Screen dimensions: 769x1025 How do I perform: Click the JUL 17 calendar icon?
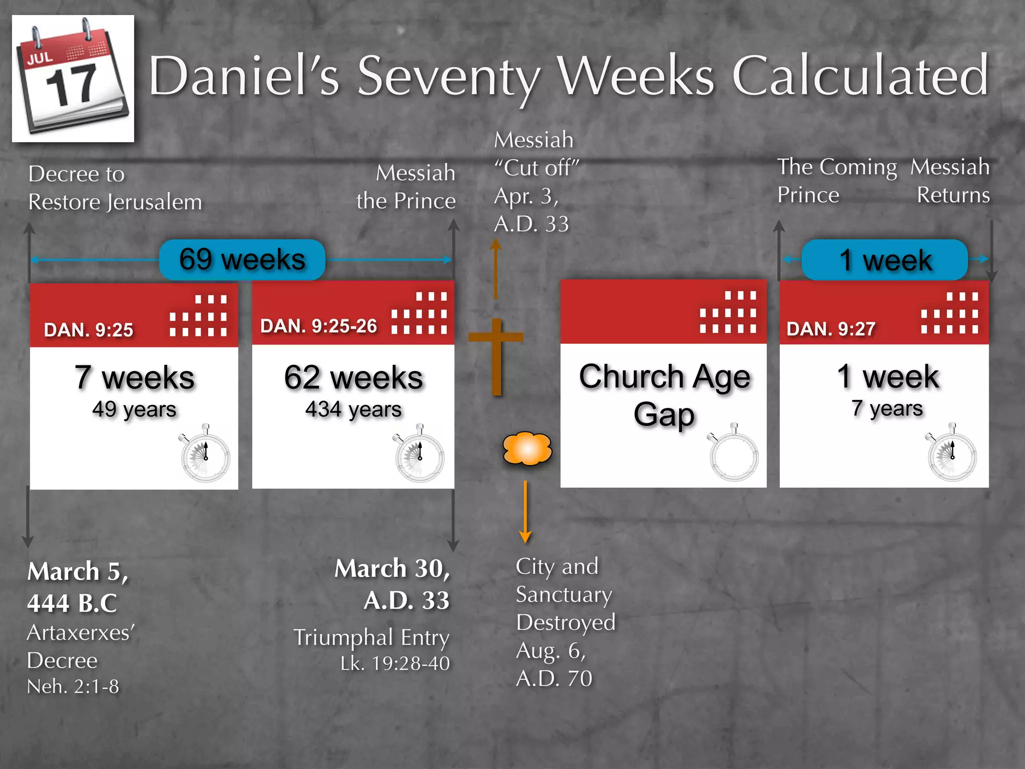[x=73, y=79]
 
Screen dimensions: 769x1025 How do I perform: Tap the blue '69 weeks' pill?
[x=242, y=259]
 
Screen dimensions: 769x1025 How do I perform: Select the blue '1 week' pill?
[x=884, y=260]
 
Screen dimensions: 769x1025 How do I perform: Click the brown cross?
[x=496, y=355]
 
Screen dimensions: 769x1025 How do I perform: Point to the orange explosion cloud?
[x=527, y=448]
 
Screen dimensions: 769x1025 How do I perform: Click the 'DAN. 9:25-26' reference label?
[x=318, y=326]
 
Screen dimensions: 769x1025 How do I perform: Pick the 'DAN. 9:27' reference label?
[x=831, y=329]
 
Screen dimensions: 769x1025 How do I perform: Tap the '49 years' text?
[x=134, y=410]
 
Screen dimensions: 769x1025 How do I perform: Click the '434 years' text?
[x=353, y=410]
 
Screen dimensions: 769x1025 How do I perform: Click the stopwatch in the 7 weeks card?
[x=205, y=455]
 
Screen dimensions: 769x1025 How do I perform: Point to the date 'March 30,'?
[x=392, y=569]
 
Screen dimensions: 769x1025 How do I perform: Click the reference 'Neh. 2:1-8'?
[x=73, y=686]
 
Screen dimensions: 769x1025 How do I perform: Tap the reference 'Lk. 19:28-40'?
[x=395, y=663]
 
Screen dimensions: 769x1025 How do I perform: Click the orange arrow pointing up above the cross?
[x=495, y=268]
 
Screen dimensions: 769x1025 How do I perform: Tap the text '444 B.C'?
[x=72, y=602]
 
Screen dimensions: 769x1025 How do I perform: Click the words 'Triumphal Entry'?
[x=371, y=638]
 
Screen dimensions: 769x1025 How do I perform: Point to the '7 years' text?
[x=887, y=408]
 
